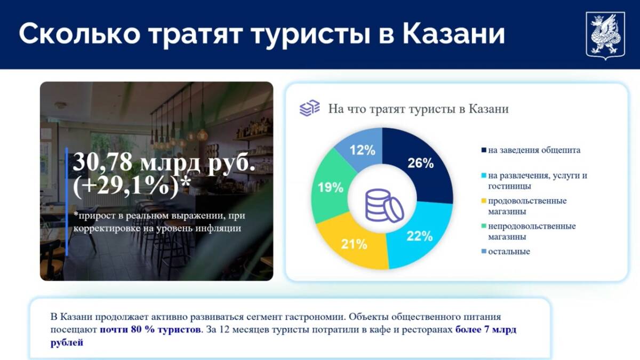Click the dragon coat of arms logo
coord(605,35)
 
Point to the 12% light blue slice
coord(362,150)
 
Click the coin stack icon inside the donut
coord(384,205)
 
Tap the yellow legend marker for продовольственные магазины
coord(484,201)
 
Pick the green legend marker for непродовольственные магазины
coord(484,226)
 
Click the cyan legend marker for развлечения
coord(484,175)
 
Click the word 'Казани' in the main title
coord(454,34)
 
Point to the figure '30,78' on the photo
coord(102,162)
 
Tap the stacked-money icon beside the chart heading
coord(309,108)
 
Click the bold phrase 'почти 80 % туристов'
coord(150,330)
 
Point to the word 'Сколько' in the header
coord(79,34)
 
